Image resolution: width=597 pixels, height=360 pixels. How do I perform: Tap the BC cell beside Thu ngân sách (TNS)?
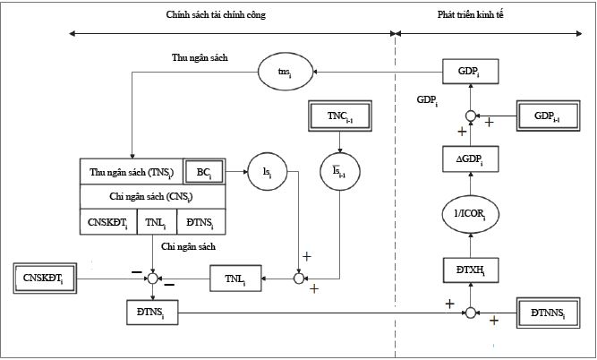tap(203, 171)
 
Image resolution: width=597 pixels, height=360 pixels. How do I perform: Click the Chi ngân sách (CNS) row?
tap(151, 196)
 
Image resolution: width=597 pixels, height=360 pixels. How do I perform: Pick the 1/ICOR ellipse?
tap(469, 211)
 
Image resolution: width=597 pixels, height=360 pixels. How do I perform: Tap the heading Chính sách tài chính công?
tap(216, 15)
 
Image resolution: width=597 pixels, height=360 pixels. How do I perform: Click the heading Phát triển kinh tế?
tap(489, 15)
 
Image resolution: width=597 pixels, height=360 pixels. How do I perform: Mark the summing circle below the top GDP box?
tap(469, 116)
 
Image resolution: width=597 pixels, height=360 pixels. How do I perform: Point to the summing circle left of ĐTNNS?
tap(469, 313)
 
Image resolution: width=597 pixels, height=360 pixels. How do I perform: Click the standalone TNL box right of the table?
tap(235, 279)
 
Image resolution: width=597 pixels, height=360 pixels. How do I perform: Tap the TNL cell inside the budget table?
tap(154, 220)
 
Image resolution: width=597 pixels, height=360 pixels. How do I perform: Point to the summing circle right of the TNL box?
tap(299, 279)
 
